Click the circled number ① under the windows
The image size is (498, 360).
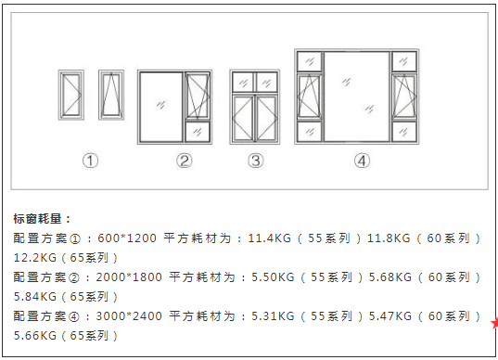coord(90,161)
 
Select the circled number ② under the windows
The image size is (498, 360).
coord(185,161)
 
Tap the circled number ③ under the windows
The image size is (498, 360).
coord(256,161)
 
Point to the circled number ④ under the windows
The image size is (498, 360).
coord(362,161)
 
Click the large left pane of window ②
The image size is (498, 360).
coord(160,107)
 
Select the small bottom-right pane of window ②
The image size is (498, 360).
coord(198,132)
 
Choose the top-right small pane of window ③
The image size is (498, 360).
coord(267,82)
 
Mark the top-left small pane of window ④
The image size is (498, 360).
coord(309,61)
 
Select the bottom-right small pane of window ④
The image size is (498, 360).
coord(405,131)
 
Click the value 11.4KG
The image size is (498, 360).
coord(268,238)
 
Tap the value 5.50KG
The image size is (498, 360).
coord(273,277)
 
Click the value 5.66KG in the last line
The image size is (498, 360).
coord(37,335)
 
